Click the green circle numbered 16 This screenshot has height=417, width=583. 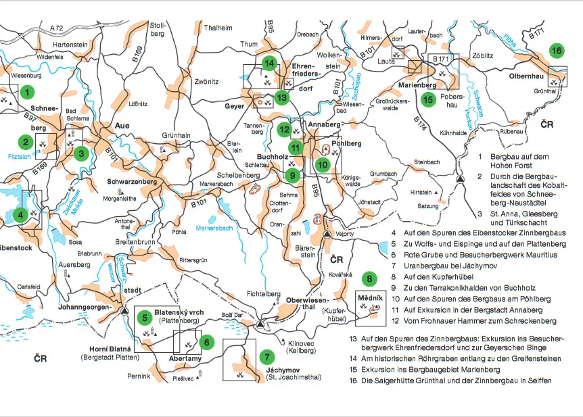pyautogui.click(x=556, y=51)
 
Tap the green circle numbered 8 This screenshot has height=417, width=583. pyautogui.click(x=369, y=278)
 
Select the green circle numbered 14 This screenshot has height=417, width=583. pyautogui.click(x=270, y=64)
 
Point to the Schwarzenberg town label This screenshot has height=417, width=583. pyautogui.click(x=132, y=182)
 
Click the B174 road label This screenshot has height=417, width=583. pyautogui.click(x=420, y=124)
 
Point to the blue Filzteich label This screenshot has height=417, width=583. pyautogui.click(x=21, y=155)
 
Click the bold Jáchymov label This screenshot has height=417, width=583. pyautogui.click(x=281, y=370)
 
